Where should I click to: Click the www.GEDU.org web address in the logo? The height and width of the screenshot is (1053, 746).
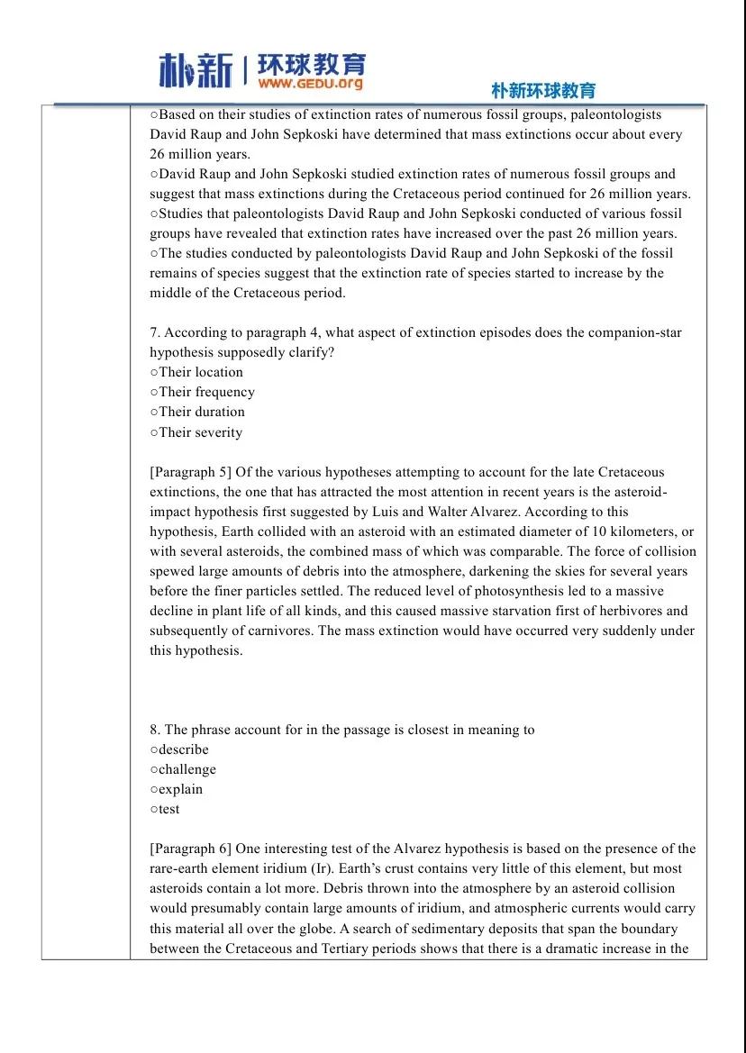click(310, 84)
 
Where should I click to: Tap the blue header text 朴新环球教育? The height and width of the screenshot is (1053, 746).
click(543, 91)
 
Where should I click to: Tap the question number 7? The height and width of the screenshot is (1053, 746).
click(155, 332)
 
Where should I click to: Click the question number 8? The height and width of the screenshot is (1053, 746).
click(155, 730)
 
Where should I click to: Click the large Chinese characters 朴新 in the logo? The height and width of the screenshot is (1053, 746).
click(196, 70)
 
